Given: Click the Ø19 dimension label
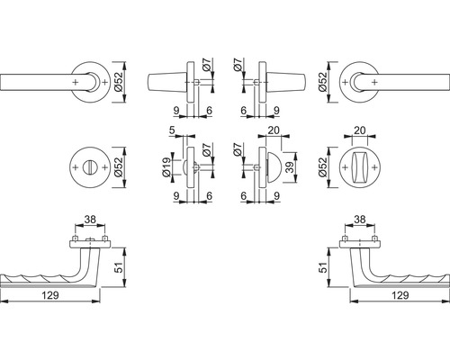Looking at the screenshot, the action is click(167, 167).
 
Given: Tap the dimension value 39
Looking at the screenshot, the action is click(290, 167).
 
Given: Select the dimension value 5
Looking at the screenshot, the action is click(172, 130).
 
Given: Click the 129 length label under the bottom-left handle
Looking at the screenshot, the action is click(50, 295).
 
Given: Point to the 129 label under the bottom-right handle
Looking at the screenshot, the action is click(400, 295).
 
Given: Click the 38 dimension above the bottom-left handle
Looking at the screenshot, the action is click(90, 220).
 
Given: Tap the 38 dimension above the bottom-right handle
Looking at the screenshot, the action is click(360, 220).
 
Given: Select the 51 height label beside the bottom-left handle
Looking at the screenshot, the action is click(119, 267).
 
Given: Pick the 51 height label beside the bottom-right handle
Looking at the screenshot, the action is click(323, 267).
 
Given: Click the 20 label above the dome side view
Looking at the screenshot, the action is click(274, 130).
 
